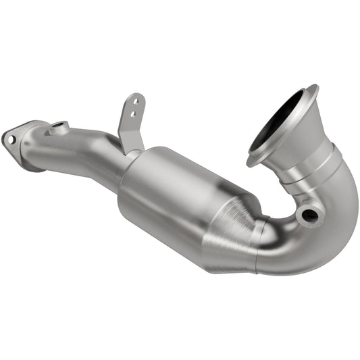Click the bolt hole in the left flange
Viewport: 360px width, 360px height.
click(9, 138)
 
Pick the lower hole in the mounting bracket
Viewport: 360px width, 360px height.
click(133, 111)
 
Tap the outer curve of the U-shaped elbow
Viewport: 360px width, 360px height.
click(338, 223)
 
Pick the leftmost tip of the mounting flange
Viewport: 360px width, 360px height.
click(3, 135)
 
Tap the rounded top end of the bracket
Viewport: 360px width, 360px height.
click(137, 95)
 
